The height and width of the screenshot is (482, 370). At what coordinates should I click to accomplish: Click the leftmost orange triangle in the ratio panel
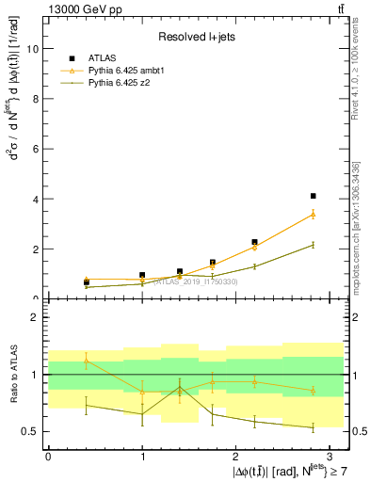pos(87,360)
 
